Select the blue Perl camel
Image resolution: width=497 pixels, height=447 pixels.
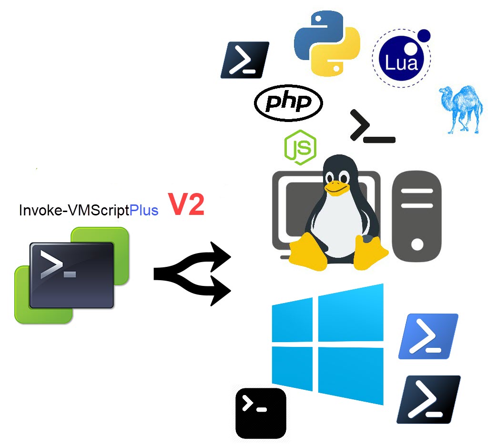461,108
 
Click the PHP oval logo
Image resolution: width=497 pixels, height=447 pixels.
288,102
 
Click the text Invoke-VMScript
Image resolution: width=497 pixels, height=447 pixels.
74,210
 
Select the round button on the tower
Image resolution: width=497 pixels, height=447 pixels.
417,244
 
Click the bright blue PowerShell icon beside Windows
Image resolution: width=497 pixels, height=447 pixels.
428,336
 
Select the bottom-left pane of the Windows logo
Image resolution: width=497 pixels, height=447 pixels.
292,366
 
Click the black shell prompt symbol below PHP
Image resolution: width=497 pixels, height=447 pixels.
372,127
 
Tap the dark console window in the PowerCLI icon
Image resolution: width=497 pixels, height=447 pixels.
71,275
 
